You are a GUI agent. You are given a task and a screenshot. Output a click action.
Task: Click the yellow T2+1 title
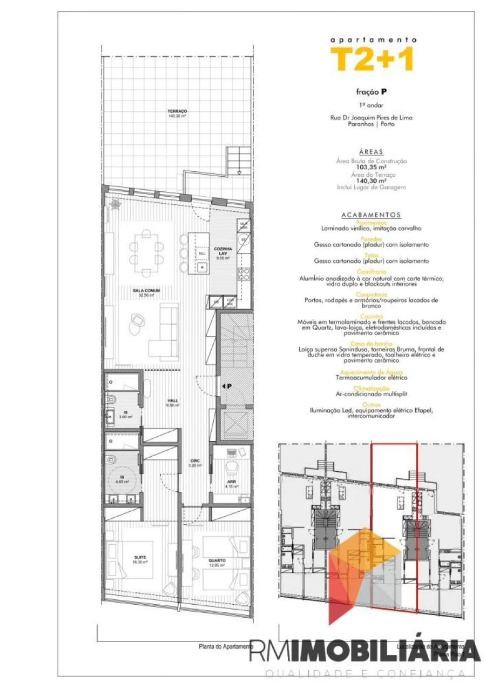pyautogui.click(x=373, y=59)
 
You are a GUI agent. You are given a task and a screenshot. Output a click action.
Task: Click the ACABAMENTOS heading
pyautogui.click(x=372, y=215)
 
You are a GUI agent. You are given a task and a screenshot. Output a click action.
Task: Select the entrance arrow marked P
pyautogui.click(x=227, y=386)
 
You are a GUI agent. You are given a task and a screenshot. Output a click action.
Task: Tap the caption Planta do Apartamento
pyautogui.click(x=226, y=646)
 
